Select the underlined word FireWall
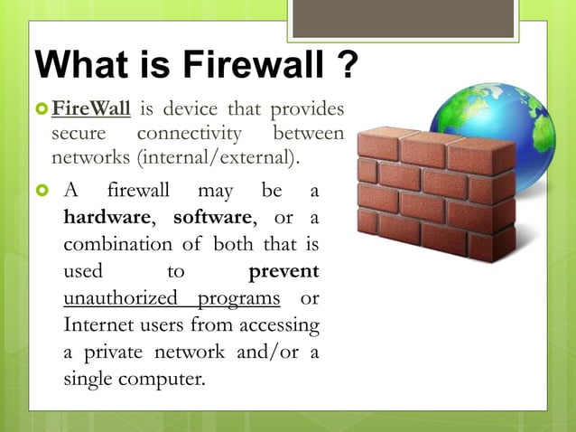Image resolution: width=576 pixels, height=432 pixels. (x=91, y=111)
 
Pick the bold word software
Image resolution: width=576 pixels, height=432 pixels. (x=211, y=218)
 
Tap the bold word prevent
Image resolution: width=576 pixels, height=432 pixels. (x=283, y=271)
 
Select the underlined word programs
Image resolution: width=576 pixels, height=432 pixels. (x=239, y=298)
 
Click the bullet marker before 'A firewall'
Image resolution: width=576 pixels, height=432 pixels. (x=41, y=193)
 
